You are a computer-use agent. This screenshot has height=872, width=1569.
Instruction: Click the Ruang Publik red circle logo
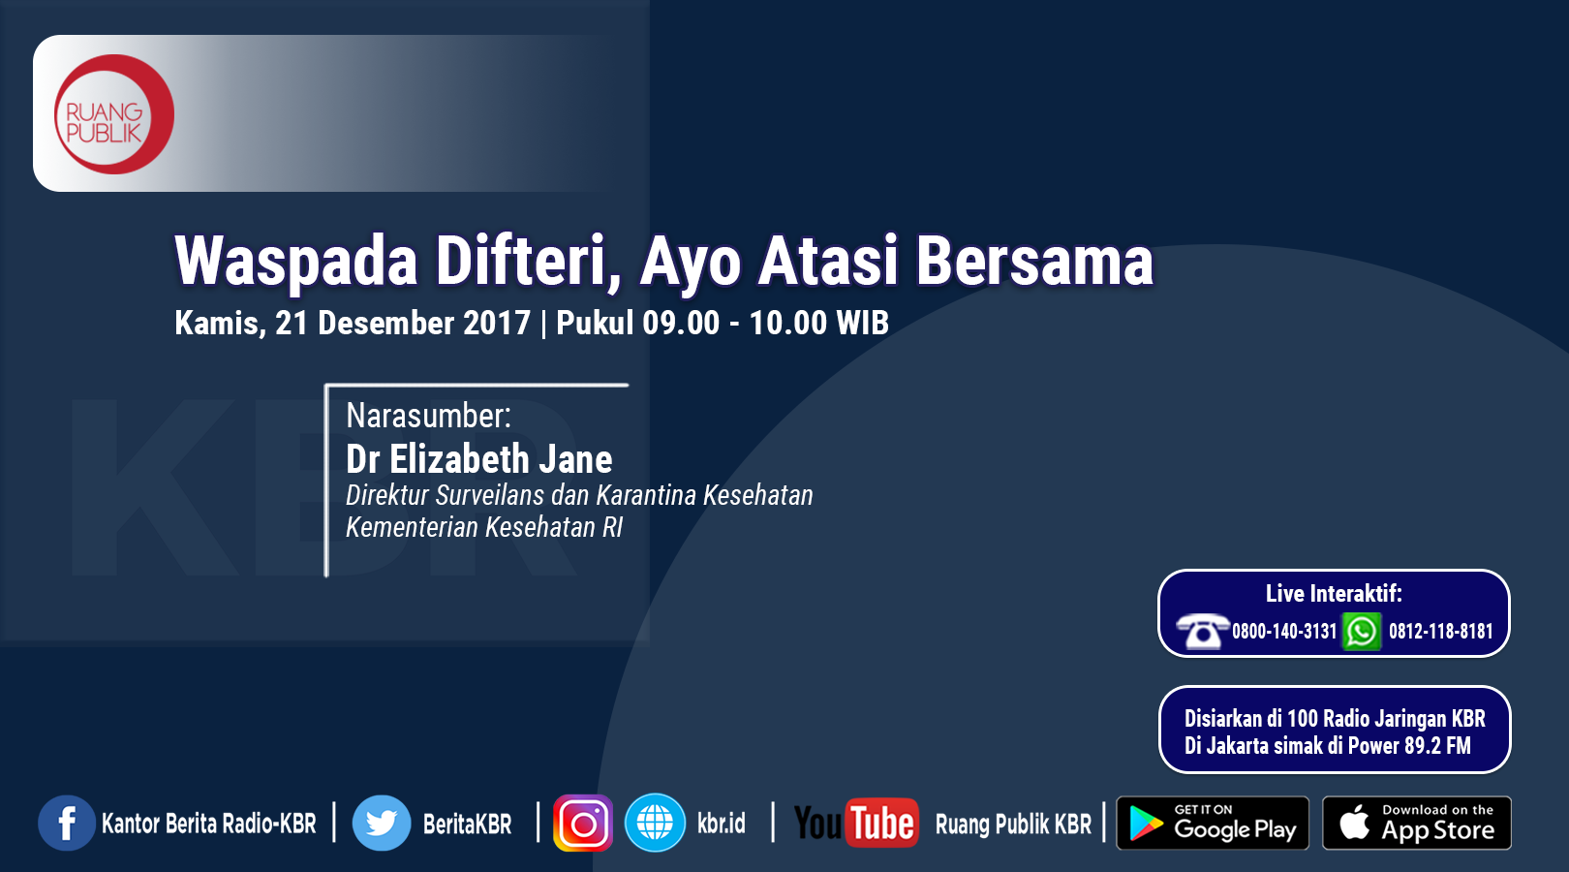[x=114, y=114]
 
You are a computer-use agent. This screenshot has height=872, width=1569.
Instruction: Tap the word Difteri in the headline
[x=529, y=262]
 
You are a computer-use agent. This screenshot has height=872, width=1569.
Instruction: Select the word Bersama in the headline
[x=1034, y=262]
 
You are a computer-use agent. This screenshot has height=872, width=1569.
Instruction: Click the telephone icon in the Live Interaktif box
[x=1202, y=631]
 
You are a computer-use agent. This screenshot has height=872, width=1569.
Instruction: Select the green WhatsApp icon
[x=1362, y=631]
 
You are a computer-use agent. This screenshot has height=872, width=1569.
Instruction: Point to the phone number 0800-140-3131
[x=1284, y=632]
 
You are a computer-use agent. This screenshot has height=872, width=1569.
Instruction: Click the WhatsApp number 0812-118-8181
[x=1441, y=632]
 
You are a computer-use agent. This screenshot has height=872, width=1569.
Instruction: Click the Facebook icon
[x=67, y=823]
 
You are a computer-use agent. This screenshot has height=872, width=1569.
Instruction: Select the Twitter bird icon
[x=382, y=823]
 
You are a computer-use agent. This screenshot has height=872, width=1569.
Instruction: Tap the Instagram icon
[x=583, y=823]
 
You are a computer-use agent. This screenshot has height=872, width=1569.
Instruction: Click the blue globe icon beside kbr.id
[x=655, y=823]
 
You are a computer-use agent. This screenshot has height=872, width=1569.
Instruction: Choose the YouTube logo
[x=856, y=823]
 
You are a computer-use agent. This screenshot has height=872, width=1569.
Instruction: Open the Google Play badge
[x=1213, y=823]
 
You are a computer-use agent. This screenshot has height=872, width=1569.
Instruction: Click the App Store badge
[x=1417, y=823]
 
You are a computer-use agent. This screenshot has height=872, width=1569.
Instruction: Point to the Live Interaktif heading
[x=1334, y=594]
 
